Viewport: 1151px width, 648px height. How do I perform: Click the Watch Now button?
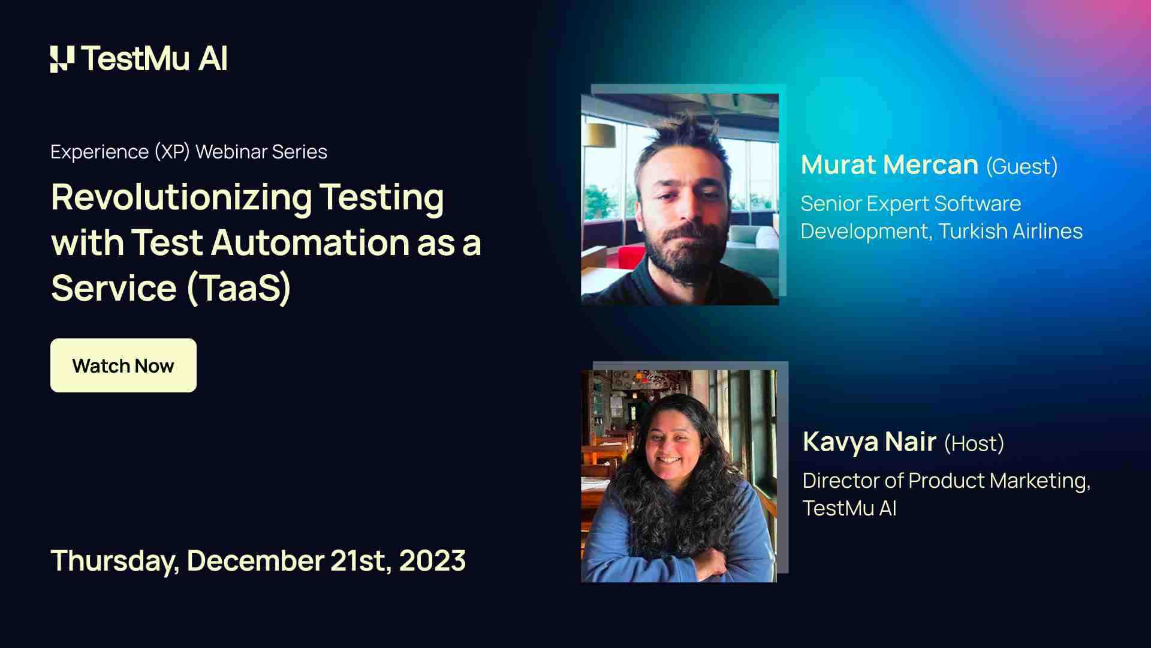coord(123,365)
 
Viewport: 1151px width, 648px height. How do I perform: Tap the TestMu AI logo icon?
coord(62,59)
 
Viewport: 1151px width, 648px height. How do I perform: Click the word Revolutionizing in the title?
coord(181,198)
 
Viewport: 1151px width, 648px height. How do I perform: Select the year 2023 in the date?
coord(432,560)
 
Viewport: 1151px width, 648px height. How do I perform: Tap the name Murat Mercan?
coord(889,165)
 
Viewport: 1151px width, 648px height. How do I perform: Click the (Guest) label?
coord(1022,167)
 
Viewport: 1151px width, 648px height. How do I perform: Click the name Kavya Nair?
coord(869,442)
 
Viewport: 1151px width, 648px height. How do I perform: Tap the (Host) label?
coord(974,444)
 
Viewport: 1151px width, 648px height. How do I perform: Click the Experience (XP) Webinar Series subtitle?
coord(189,152)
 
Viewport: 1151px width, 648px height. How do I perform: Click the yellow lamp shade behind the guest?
coord(599,135)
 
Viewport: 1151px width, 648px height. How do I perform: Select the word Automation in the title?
coord(309,243)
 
